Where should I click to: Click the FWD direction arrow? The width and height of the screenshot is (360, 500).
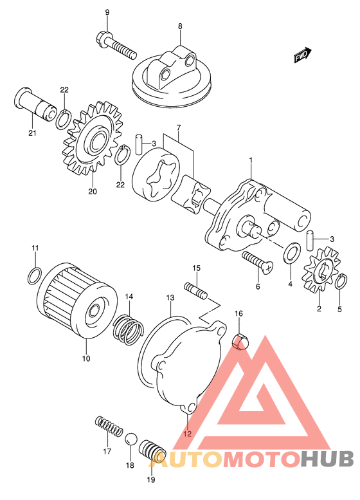[302, 55]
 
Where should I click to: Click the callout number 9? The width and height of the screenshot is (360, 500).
[107, 12]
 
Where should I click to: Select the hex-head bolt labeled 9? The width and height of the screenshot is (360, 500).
[116, 45]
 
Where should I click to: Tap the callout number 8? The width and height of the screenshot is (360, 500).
[180, 26]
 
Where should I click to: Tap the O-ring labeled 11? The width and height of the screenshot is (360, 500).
[35, 276]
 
